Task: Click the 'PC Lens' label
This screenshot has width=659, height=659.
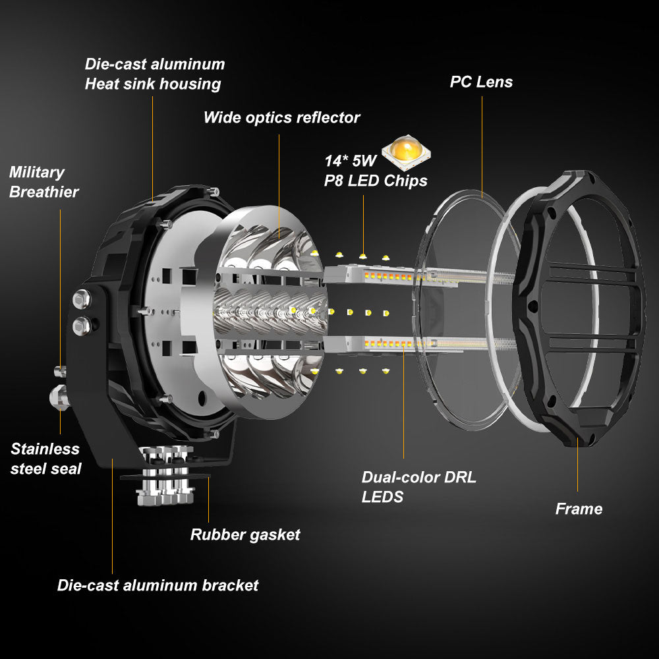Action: tap(481, 82)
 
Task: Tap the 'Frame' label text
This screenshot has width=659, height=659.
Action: tap(579, 509)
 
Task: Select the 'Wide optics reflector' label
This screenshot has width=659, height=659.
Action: tap(281, 118)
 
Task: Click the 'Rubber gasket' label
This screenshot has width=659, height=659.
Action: tap(245, 534)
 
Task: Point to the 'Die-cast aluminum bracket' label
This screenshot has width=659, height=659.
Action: tap(158, 585)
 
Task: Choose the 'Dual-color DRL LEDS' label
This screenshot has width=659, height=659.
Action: tap(418, 486)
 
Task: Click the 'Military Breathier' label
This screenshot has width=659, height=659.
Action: tap(43, 182)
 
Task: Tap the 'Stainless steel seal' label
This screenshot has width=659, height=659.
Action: tap(45, 459)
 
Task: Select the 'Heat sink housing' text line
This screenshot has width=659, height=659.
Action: tap(152, 84)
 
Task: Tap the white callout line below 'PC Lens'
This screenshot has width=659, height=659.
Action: tap(482, 145)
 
